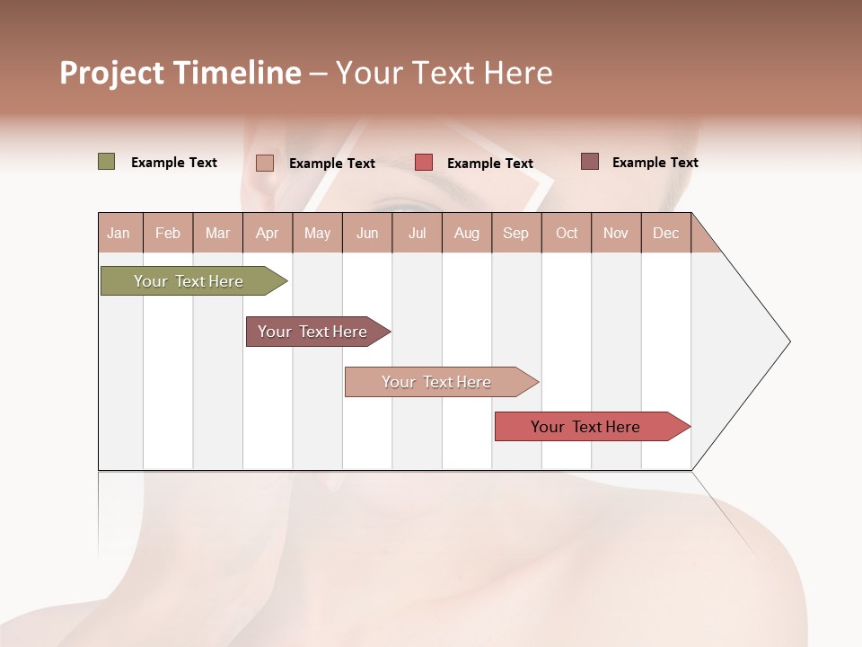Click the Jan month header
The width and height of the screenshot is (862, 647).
pos(119,233)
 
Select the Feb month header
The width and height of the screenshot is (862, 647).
pos(168,233)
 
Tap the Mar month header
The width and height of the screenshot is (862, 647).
pos(217,233)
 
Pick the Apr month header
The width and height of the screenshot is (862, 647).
pos(268,233)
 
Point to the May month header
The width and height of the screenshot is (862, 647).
pos(317,233)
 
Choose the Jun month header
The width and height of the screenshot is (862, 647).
pos(367,233)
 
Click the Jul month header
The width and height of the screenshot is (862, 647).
pos(417,233)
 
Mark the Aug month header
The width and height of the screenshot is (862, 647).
pos(467,233)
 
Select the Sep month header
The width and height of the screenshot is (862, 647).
pos(516,233)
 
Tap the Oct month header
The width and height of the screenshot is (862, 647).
pos(567,233)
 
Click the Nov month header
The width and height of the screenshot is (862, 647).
pos(616,233)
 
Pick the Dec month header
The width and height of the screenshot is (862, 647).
pos(665,233)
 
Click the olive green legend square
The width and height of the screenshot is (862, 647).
pos(106,162)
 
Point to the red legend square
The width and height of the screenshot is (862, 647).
pos(424,163)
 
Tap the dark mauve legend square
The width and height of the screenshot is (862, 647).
pos(589,162)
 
